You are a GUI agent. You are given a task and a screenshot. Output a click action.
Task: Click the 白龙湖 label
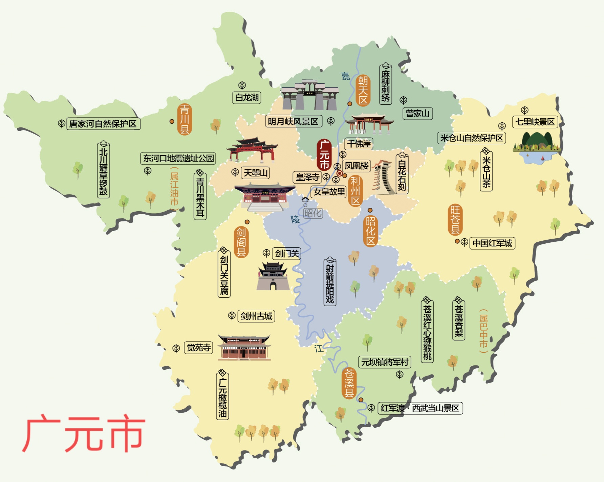(246, 98)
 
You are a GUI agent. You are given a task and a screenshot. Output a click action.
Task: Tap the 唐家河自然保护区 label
(103, 124)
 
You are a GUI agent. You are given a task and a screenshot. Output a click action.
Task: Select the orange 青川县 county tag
(185, 119)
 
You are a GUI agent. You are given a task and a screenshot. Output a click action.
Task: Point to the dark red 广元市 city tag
(324, 155)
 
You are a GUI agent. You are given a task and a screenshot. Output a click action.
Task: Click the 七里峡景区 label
(535, 122)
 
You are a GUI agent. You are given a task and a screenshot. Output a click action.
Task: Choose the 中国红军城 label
(492, 243)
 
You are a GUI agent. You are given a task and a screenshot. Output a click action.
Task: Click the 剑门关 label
(286, 254)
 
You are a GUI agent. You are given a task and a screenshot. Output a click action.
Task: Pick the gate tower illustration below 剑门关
(273, 276)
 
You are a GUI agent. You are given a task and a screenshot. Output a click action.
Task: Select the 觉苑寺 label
(199, 347)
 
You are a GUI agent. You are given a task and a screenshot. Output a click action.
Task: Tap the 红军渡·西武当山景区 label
(420, 408)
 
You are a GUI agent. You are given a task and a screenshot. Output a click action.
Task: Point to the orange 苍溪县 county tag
(349, 383)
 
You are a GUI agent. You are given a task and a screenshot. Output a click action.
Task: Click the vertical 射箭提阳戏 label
(330, 283)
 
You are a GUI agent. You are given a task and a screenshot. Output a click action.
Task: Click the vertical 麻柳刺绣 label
(385, 85)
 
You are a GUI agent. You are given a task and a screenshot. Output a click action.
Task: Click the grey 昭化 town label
(312, 213)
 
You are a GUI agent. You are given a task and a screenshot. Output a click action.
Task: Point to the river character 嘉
(345, 76)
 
